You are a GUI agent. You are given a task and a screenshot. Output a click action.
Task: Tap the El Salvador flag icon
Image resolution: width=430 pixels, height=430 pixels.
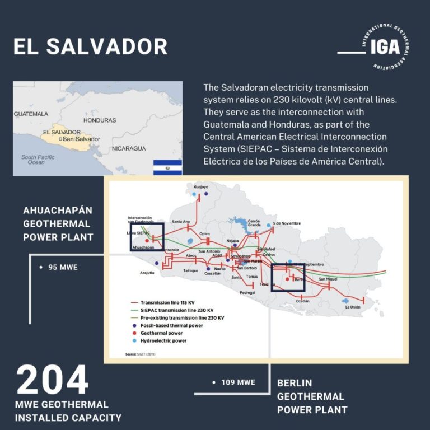tap(167, 167)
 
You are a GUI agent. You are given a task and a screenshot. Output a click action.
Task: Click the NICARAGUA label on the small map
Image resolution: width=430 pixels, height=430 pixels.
tap(128, 148)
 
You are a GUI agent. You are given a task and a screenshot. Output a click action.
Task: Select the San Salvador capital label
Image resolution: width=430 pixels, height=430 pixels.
tap(81, 139)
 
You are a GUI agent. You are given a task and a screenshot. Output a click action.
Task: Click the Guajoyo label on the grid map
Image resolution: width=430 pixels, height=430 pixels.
tap(201, 187)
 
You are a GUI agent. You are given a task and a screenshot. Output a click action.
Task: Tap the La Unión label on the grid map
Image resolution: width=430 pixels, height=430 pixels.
tap(352, 307)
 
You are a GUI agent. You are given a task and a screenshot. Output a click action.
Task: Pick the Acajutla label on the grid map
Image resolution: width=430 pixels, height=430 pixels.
tap(147, 273)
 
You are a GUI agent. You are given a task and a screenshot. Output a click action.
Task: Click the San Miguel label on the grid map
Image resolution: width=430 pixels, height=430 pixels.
tap(328, 279)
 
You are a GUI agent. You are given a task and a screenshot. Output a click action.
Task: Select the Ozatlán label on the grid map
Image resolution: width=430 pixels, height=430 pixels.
tap(302, 301)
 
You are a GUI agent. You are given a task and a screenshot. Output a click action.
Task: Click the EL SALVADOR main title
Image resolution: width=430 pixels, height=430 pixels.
tap(90, 46)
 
